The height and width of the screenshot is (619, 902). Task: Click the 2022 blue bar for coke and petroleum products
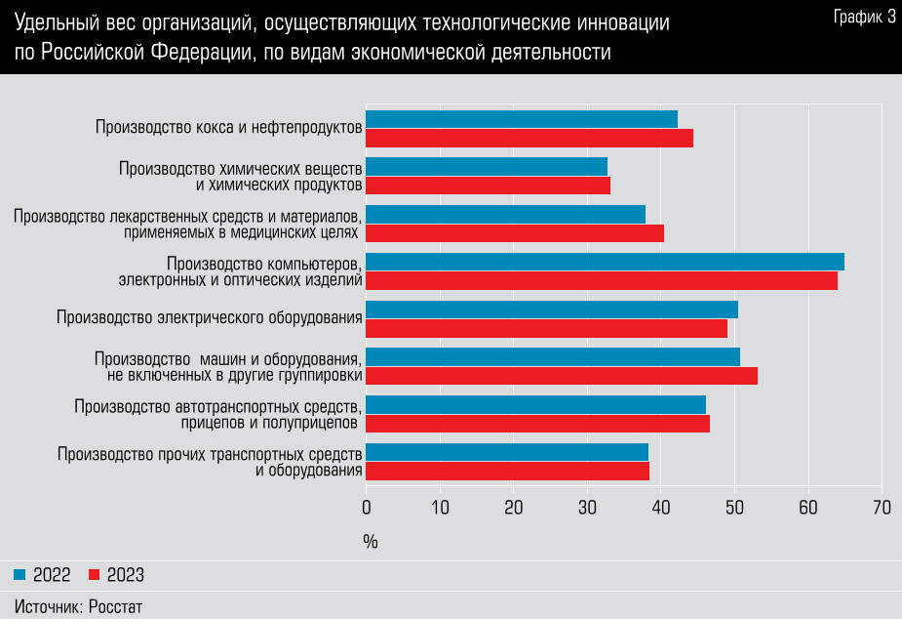point(522,119)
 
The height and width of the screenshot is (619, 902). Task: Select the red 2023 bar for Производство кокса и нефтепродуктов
point(529,138)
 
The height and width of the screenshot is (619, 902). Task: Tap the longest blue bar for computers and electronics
point(605,262)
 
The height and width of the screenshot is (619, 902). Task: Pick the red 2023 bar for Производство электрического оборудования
point(546,328)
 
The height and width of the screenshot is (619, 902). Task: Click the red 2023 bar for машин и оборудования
point(562,376)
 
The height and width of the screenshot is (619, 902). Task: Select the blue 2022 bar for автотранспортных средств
point(535,404)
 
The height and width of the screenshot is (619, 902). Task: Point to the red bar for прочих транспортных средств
point(507,471)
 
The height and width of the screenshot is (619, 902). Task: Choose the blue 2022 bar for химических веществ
point(487,167)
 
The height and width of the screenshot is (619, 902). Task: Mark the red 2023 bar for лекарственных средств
point(515,233)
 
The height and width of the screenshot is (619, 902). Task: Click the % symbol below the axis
point(371,540)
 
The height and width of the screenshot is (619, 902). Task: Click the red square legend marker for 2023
point(95,575)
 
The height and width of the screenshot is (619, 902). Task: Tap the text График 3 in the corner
point(865,17)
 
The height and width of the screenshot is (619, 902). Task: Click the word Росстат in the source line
point(115,606)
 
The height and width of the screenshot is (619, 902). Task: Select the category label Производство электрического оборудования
point(210,317)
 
